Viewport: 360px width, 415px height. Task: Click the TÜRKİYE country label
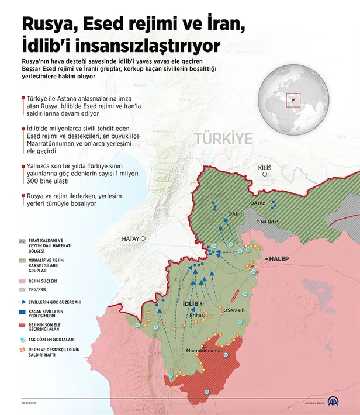pos(224,139)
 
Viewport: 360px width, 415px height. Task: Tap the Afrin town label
pos(238,214)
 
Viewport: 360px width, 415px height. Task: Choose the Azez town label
pos(259,203)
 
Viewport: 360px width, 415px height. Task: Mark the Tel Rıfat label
pos(272,222)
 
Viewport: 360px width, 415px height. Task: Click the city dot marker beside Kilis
pos(265,174)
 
